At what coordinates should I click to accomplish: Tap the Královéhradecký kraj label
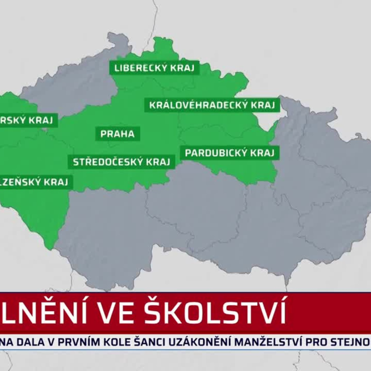click(x=212, y=105)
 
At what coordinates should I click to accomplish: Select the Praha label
click(x=117, y=134)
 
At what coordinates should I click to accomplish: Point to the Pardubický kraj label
click(x=230, y=153)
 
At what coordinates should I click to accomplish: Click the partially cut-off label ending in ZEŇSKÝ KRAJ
click(x=35, y=181)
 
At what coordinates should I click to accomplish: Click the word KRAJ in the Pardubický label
click(x=262, y=153)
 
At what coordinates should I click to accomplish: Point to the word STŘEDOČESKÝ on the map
click(x=108, y=162)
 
